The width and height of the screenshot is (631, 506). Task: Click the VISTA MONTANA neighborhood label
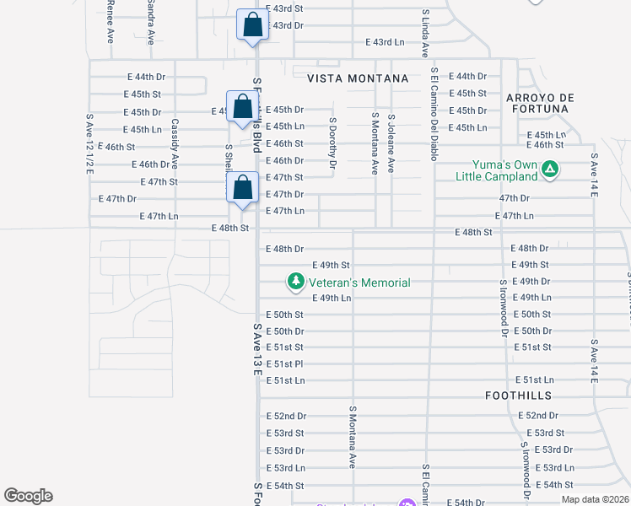point(358,78)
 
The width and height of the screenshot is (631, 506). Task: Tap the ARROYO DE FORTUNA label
point(540,104)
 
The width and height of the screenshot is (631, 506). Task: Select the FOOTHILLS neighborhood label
point(519,396)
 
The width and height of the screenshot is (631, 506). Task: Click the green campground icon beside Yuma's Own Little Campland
point(550,170)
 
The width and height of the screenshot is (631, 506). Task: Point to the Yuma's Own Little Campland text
point(496,170)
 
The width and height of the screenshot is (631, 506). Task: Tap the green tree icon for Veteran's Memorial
point(295,282)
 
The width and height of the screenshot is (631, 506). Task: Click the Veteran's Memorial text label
point(359,283)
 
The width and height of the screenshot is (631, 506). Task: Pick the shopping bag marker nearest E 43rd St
point(252,25)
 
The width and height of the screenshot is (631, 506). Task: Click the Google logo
point(28,496)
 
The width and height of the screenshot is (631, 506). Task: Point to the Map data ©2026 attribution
point(595,499)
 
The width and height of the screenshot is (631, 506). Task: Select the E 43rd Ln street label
point(385,42)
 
